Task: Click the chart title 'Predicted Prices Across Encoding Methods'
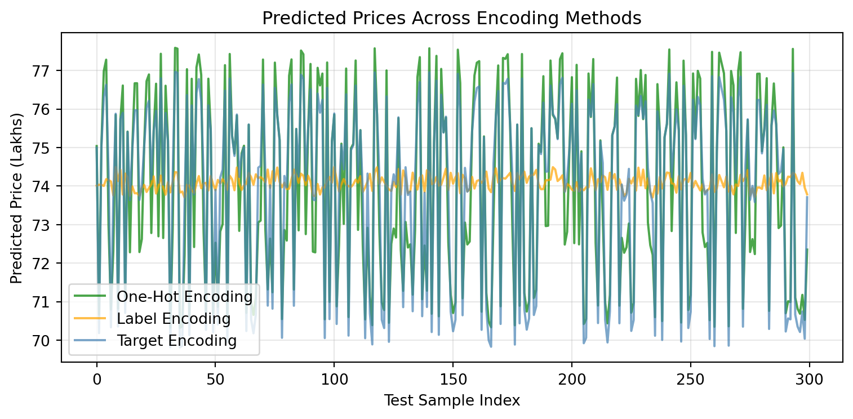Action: [452, 19]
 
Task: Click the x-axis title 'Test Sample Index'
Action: [452, 400]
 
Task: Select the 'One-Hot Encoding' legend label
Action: [184, 297]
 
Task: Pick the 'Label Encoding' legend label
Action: [174, 319]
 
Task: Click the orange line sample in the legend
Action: [93, 319]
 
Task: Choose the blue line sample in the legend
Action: [93, 340]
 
